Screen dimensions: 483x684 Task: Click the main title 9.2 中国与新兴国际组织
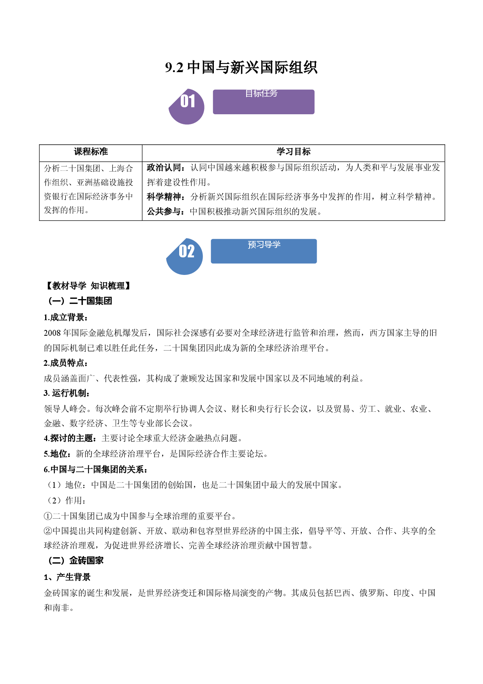tap(241, 67)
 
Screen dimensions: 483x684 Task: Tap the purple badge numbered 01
tap(187, 106)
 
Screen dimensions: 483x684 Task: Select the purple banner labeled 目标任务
tap(264, 102)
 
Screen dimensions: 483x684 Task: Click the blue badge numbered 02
tap(185, 256)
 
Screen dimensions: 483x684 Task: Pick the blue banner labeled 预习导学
tap(264, 251)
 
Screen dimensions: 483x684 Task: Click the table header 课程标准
tap(91, 152)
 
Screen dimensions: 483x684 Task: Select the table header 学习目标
tap(293, 152)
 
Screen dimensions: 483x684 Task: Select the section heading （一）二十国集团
tap(79, 301)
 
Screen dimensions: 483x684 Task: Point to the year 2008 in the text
tap(52, 333)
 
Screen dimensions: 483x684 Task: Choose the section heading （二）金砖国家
tap(75, 560)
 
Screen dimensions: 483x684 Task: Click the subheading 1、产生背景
tap(67, 577)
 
